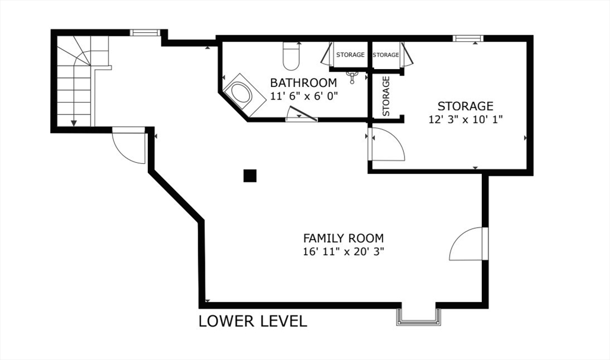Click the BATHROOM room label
[x=303, y=83]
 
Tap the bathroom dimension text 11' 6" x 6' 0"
[x=304, y=96]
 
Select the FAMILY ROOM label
[x=343, y=238]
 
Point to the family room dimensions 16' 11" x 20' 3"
[x=344, y=252]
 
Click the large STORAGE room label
[x=465, y=106]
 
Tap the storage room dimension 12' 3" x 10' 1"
[x=466, y=119]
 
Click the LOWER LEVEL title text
[x=253, y=321]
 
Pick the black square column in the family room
[x=250, y=175]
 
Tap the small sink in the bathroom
[x=352, y=77]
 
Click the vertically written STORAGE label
[x=386, y=96]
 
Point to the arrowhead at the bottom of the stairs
[x=74, y=123]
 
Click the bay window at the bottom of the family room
[x=419, y=316]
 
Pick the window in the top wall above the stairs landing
[x=145, y=32]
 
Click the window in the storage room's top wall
[x=468, y=38]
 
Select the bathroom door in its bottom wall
[x=301, y=114]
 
